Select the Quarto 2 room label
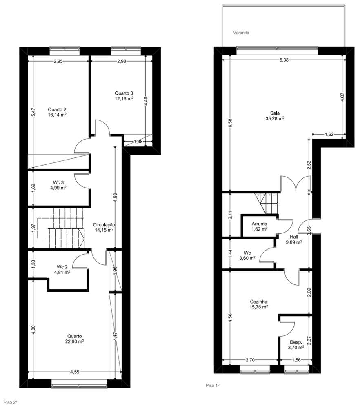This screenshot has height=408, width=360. (57, 109)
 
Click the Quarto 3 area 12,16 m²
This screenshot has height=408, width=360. (124, 98)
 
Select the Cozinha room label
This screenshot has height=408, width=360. (258, 302)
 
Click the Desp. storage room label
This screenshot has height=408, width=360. (296, 342)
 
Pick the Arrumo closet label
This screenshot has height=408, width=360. (259, 224)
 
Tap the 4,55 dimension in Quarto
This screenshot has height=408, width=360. (75, 372)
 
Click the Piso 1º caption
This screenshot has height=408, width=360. (213, 385)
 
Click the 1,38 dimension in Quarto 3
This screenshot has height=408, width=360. (139, 142)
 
